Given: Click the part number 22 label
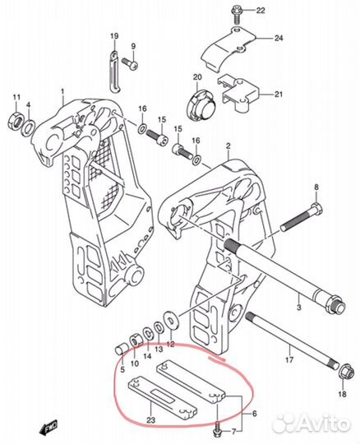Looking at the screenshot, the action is (261, 11).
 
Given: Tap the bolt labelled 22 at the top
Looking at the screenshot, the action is (235, 15).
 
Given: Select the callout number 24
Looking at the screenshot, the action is (279, 38).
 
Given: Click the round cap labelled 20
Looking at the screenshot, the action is (201, 105).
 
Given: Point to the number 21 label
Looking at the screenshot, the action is (279, 94).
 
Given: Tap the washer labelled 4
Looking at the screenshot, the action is (28, 127).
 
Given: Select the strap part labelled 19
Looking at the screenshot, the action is (115, 72).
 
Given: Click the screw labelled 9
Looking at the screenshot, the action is (129, 63).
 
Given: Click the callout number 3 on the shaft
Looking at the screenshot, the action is (299, 307).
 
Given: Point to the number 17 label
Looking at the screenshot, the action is (289, 359).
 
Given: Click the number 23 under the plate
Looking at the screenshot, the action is (151, 419).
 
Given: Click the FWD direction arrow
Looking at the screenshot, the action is (50, 426).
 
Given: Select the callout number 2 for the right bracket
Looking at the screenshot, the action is (228, 146).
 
